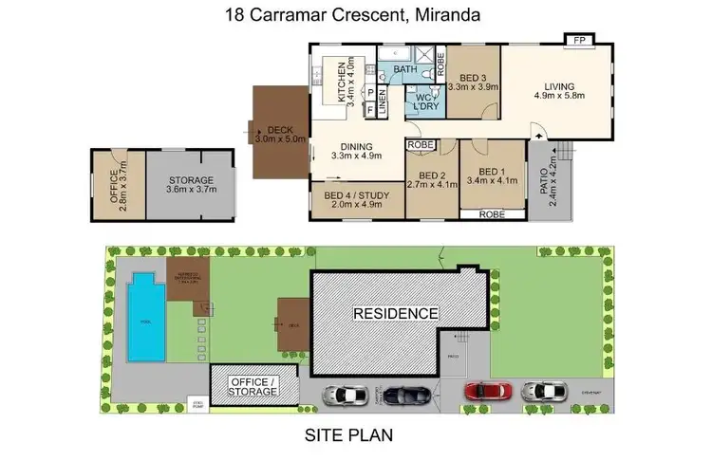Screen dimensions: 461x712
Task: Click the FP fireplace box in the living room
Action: tap(578, 40)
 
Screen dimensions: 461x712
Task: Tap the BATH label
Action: tap(404, 70)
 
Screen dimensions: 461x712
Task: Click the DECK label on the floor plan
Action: tap(279, 131)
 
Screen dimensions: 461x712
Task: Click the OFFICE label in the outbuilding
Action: tap(113, 180)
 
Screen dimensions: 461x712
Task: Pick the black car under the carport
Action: tap(409, 393)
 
